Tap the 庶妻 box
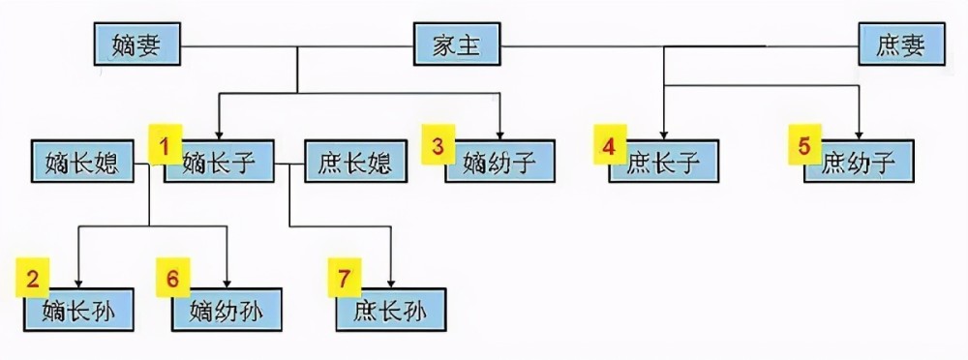click(x=899, y=45)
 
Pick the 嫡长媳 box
click(x=81, y=162)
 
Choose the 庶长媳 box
click(x=354, y=162)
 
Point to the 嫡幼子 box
click(x=501, y=162)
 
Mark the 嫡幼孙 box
click(x=228, y=310)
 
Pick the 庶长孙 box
click(x=391, y=310)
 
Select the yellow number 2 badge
click(x=32, y=281)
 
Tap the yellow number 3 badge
click(x=438, y=147)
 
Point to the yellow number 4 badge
click(x=609, y=147)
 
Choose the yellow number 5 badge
click(x=803, y=147)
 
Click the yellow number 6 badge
click(x=172, y=281)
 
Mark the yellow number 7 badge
click(x=343, y=281)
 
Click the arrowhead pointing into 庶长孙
click(x=390, y=282)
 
